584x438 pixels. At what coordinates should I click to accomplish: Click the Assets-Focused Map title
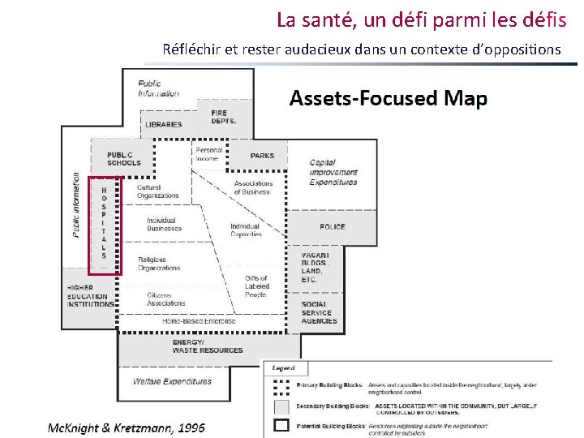click(389, 99)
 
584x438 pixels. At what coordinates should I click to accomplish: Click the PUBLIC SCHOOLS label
click(123, 158)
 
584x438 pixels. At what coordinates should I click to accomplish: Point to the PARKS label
click(262, 156)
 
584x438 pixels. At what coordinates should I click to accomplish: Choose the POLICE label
click(332, 227)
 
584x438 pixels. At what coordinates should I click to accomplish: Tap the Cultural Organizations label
click(157, 191)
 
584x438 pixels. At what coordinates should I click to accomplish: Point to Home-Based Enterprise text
click(199, 321)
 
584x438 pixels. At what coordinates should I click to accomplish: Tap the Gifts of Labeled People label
click(255, 286)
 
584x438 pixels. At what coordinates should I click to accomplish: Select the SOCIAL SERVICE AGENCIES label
click(320, 312)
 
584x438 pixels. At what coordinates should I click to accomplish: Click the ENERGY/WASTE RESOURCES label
click(207, 346)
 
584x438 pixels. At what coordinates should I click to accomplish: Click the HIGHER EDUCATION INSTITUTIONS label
click(91, 296)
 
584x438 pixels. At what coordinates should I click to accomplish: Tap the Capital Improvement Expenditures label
click(333, 173)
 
